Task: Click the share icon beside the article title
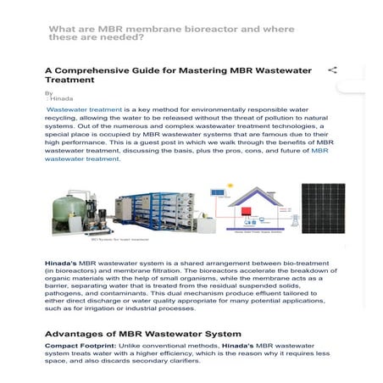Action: pyautogui.click(x=333, y=70)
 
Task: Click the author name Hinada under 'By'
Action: pyautogui.click(x=62, y=99)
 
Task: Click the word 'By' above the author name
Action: pyautogui.click(x=48, y=92)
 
